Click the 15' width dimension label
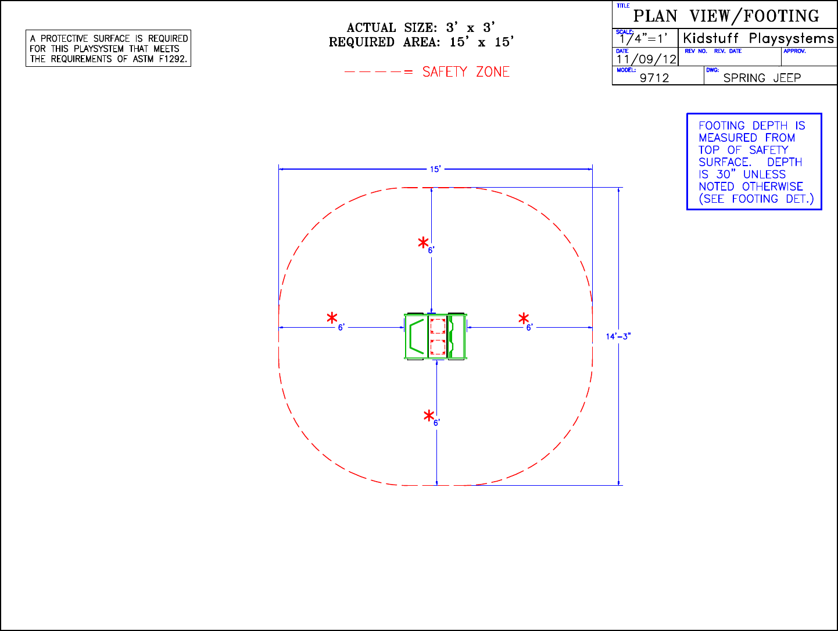click(x=435, y=169)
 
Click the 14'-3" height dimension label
click(x=618, y=336)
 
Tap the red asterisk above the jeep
click(x=423, y=243)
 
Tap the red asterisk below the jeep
click(x=429, y=415)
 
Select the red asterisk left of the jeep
click(x=332, y=318)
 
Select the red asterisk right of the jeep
click(x=524, y=318)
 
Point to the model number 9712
click(x=654, y=78)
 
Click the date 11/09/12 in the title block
click(x=646, y=59)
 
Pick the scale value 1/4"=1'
click(x=644, y=38)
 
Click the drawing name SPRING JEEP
click(x=762, y=78)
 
